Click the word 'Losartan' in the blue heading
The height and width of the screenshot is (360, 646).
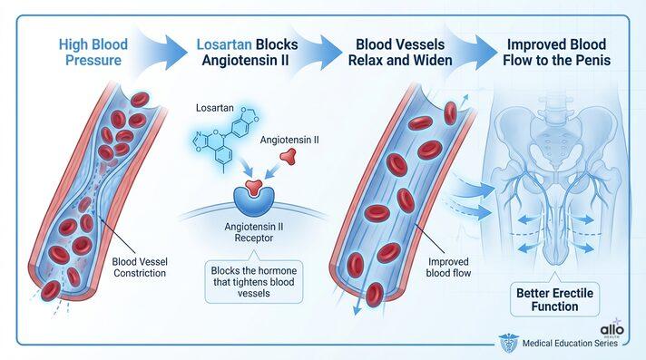[223, 43]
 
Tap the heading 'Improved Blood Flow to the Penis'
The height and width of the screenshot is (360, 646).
[556, 51]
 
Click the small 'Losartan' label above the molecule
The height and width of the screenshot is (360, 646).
[215, 107]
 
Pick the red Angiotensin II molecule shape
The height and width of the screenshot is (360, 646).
[288, 156]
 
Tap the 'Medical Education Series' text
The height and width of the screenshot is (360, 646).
[571, 344]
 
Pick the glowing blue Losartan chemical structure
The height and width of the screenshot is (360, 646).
[220, 142]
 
